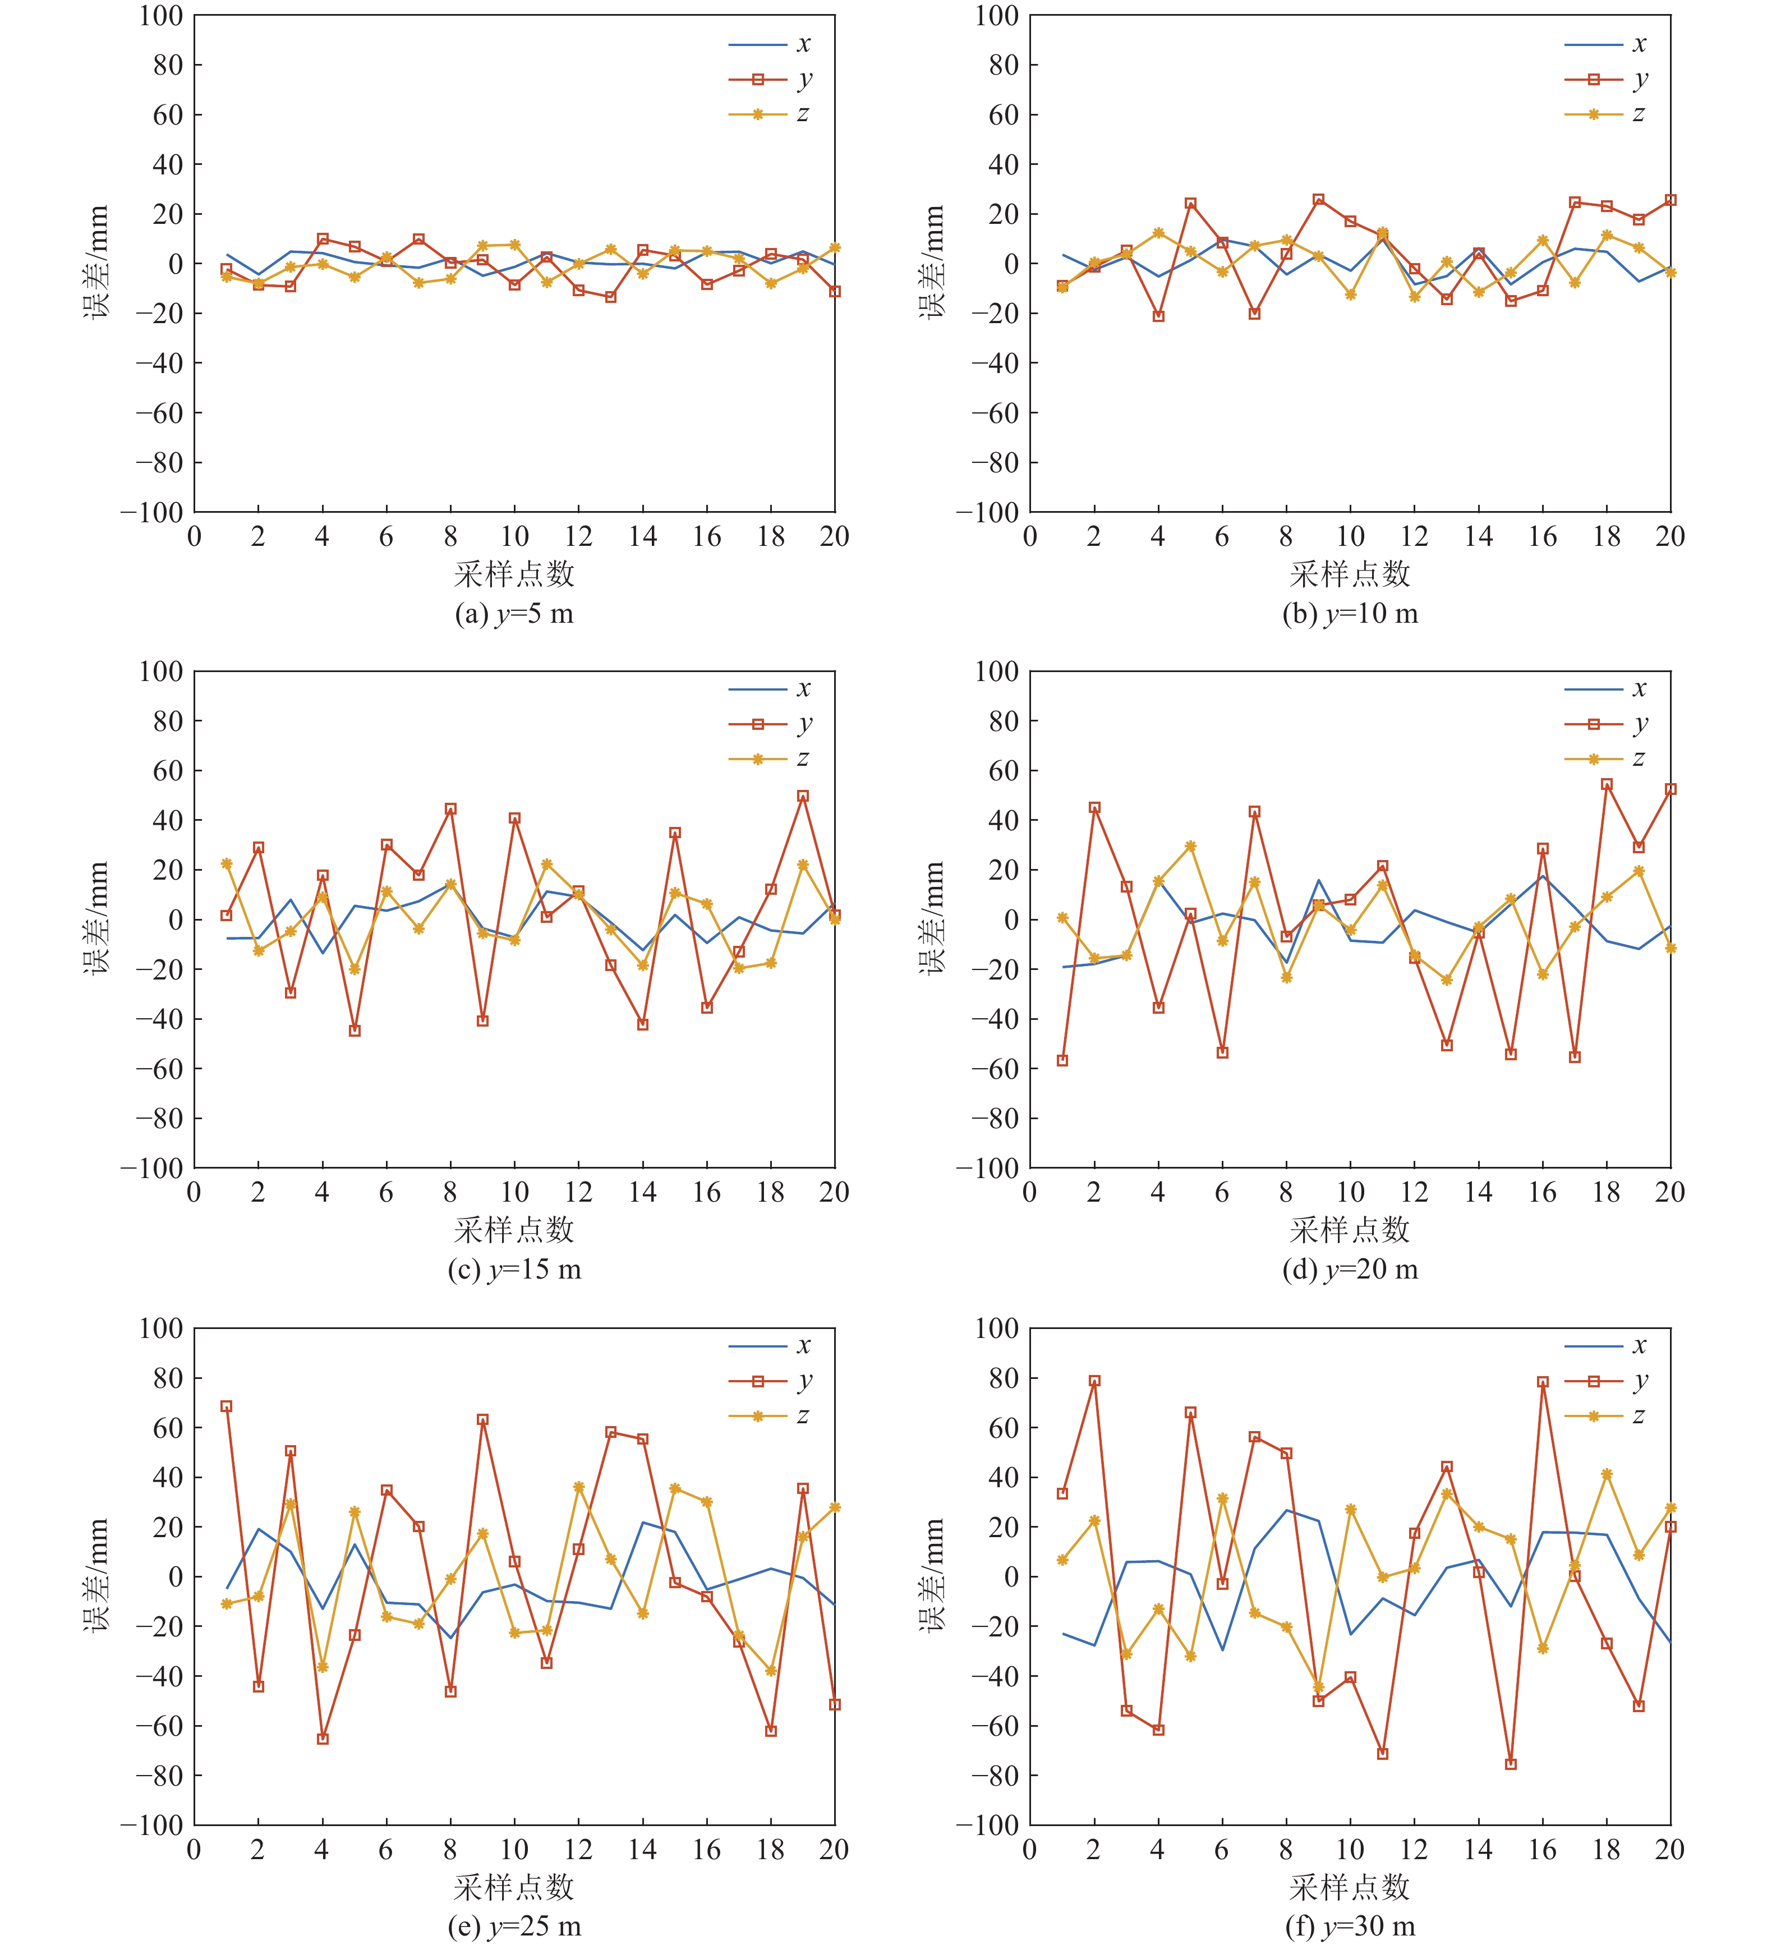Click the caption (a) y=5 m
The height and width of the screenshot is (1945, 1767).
[x=514, y=614]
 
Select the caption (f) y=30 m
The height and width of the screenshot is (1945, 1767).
[x=1349, y=1926]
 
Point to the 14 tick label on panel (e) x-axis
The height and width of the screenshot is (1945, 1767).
[x=642, y=1850]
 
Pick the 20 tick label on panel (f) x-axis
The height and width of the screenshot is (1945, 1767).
[x=1669, y=1850]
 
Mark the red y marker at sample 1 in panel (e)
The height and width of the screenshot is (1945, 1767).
[x=227, y=1406]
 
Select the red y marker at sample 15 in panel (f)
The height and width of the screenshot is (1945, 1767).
[x=1511, y=1764]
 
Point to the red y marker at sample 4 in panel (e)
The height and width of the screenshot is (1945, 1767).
[x=322, y=1739]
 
